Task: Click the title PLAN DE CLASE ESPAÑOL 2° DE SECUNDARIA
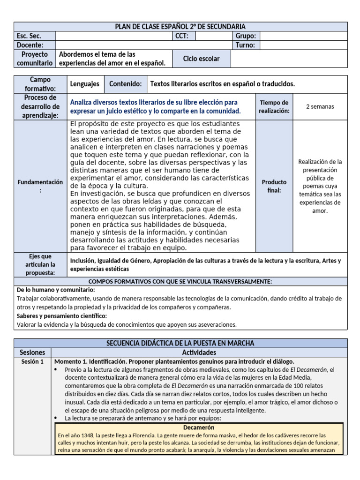pos(180,27)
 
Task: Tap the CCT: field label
pos(181,36)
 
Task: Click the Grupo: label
pos(245,36)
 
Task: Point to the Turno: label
pos(245,45)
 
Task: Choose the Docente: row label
pos(30,45)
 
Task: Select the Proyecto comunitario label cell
pos(35,59)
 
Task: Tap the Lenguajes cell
pos(85,84)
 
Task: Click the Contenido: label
pos(125,84)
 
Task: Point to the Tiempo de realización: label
pos(274,106)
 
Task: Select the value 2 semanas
pos(320,106)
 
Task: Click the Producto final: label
pos(274,186)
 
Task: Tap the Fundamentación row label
pos(40,186)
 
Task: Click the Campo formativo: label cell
pos(40,84)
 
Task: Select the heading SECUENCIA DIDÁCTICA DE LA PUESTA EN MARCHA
pos(180,343)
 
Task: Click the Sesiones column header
pos(32,352)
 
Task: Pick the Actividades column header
pos(199,352)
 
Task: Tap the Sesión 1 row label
pos(32,361)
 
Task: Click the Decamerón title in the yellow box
pos(199,427)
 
